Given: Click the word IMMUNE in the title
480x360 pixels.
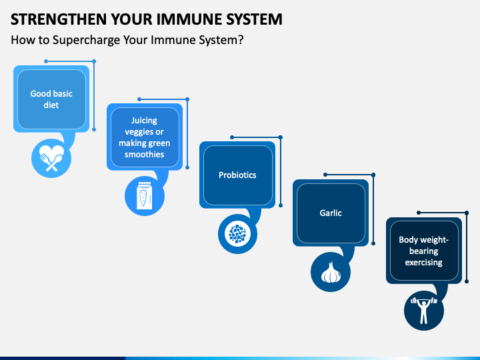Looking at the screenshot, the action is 189,19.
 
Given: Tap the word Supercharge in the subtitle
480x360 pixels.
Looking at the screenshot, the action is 86,40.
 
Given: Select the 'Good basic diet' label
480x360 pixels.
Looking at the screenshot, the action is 51,99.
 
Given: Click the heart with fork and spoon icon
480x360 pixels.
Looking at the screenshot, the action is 51,158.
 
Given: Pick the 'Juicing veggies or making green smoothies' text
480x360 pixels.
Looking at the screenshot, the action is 144,137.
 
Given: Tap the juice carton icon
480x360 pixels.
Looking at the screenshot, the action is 144,195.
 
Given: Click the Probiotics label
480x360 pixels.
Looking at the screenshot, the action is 237,175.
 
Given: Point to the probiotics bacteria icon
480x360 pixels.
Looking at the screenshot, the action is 237,234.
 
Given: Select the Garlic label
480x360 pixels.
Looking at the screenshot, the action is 331,213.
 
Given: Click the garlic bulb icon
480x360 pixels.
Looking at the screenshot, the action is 331,272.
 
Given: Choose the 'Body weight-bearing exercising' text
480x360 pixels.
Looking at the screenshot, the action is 424,251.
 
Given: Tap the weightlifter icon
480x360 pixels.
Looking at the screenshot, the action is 424,310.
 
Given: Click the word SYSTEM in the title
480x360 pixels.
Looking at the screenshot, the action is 254,19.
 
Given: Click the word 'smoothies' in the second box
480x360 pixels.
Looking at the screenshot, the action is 144,154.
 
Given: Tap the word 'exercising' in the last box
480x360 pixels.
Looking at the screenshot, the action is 424,263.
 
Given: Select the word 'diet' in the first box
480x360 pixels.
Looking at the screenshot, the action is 51,105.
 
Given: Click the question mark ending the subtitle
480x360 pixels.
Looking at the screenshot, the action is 241,39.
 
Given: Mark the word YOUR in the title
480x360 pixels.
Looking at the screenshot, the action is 131,19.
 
